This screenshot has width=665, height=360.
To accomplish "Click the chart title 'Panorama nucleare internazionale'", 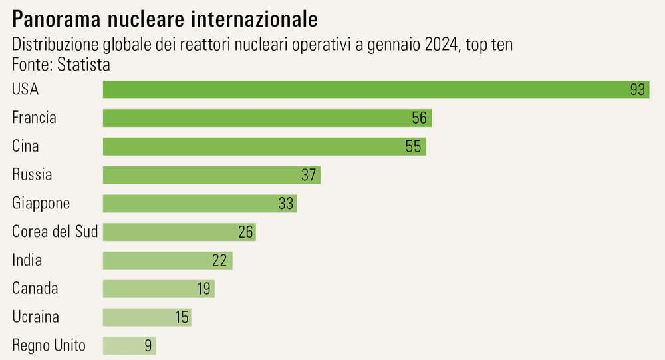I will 165,19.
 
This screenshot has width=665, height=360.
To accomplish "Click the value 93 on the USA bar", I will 638,90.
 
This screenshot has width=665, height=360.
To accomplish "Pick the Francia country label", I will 34,118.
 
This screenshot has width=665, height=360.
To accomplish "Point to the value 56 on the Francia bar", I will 419,118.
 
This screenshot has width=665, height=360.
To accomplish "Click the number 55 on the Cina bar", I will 414,146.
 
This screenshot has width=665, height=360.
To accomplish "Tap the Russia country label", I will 32,175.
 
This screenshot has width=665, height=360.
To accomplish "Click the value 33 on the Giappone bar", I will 286,204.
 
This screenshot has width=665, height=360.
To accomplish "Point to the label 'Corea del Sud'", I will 55,232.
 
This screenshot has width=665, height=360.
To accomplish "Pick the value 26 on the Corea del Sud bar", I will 245,232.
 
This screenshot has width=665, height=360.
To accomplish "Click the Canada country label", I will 35,289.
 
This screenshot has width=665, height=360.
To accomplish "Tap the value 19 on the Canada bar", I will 203,289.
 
